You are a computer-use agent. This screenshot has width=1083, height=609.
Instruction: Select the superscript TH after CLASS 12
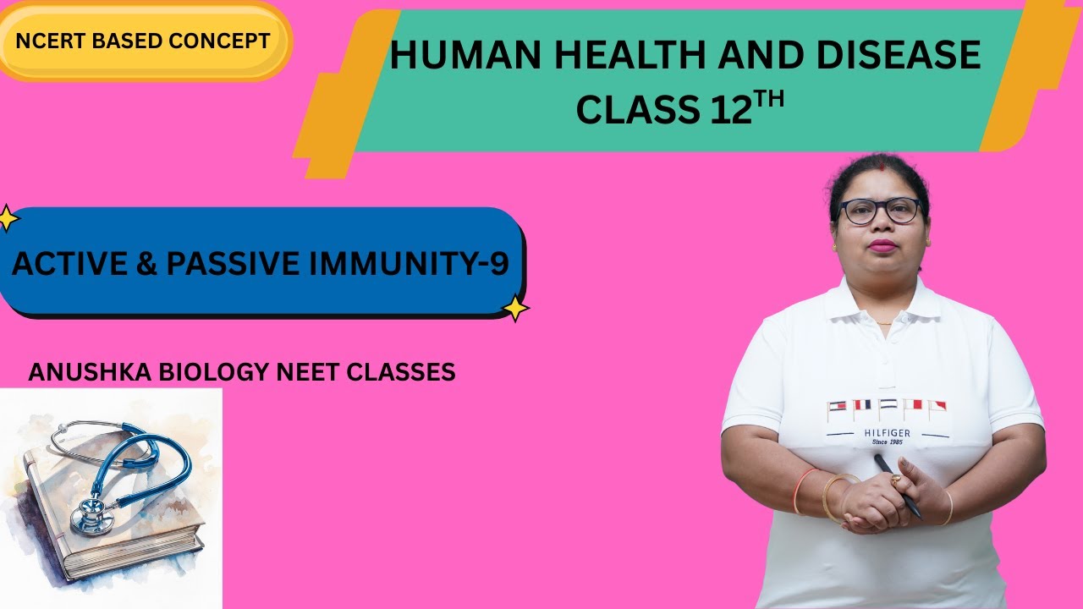coord(770,101)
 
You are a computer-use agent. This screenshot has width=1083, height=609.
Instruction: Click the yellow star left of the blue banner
coord(8,218)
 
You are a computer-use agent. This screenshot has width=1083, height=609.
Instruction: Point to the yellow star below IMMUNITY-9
coord(514,308)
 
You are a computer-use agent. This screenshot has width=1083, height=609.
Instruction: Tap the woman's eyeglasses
coord(880,211)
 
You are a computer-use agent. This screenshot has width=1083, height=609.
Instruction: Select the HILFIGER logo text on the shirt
coord(887,432)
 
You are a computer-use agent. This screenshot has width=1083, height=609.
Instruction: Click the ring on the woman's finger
coord(896,480)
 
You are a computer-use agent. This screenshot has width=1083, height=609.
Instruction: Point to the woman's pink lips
coord(883,245)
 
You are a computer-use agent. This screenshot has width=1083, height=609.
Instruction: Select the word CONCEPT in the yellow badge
coord(228,40)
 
